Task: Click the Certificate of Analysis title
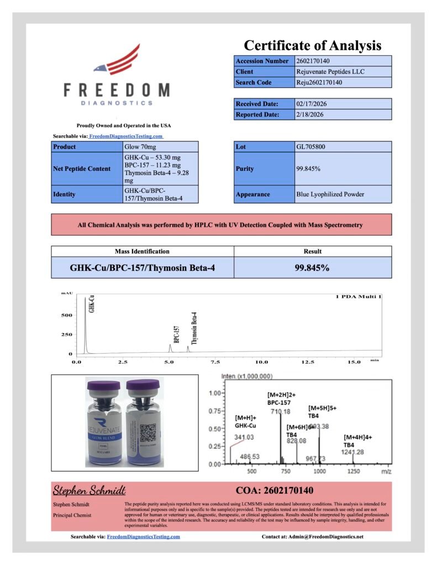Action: (312, 45)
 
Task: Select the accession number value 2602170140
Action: (313, 61)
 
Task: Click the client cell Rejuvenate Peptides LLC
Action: (330, 71)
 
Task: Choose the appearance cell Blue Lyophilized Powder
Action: (330, 194)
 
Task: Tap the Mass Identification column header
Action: (142, 251)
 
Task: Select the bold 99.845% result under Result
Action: (313, 268)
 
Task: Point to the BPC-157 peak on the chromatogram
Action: (170, 348)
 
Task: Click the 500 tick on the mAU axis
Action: (66, 316)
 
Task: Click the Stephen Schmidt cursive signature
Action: (88, 490)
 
